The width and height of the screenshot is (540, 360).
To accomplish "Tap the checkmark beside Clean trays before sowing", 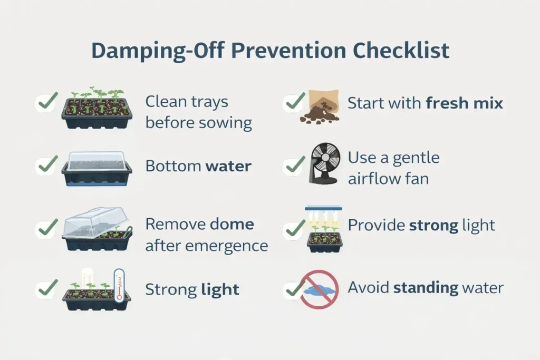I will click(47, 102).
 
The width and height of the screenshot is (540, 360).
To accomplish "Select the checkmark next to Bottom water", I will click(47, 166).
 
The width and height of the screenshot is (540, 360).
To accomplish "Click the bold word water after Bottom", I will click(228, 167).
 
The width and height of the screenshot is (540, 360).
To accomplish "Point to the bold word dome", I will click(232, 224).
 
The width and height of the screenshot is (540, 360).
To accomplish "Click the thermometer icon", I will click(119, 285).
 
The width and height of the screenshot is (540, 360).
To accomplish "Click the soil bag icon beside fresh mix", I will click(321, 105).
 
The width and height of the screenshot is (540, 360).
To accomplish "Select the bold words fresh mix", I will click(464, 103).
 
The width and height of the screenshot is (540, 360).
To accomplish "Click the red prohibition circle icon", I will click(319, 289).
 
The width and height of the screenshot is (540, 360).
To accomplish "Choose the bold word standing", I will click(426, 288).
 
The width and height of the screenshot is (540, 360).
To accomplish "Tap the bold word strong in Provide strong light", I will click(434, 226).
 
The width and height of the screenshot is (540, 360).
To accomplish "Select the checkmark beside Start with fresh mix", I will click(294, 102).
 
